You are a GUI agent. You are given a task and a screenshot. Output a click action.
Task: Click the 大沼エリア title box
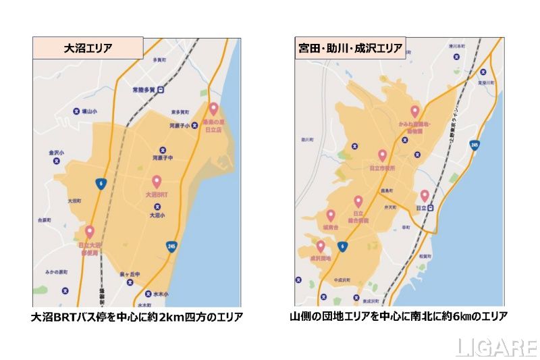point(88,49)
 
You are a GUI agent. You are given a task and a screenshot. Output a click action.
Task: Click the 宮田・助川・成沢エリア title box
point(351,48)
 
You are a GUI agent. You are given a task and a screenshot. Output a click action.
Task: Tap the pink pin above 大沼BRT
point(157,182)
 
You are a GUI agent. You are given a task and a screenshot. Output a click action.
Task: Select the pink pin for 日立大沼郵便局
point(89,232)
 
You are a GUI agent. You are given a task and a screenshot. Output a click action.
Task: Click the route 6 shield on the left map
point(100,184)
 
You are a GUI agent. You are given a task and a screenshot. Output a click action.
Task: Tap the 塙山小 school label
point(86,111)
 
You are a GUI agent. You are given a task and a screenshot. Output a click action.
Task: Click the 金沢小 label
point(57,153)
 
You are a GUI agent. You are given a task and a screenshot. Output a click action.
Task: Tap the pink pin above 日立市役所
point(382,156)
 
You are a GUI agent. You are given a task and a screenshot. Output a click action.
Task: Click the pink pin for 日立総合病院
point(358,201)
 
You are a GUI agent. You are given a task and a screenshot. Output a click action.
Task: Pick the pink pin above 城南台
point(330,215)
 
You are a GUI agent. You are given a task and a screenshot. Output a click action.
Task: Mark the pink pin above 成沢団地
point(320,246)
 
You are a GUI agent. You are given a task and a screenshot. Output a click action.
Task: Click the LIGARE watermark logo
point(495,346)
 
